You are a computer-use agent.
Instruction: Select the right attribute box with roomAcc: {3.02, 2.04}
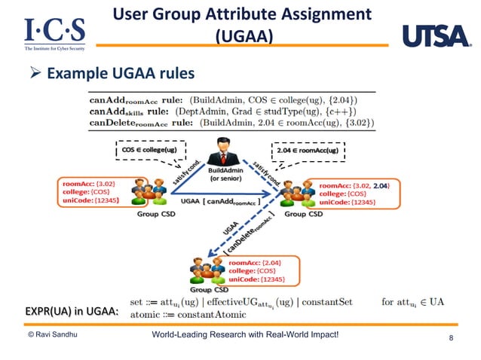(355, 193)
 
